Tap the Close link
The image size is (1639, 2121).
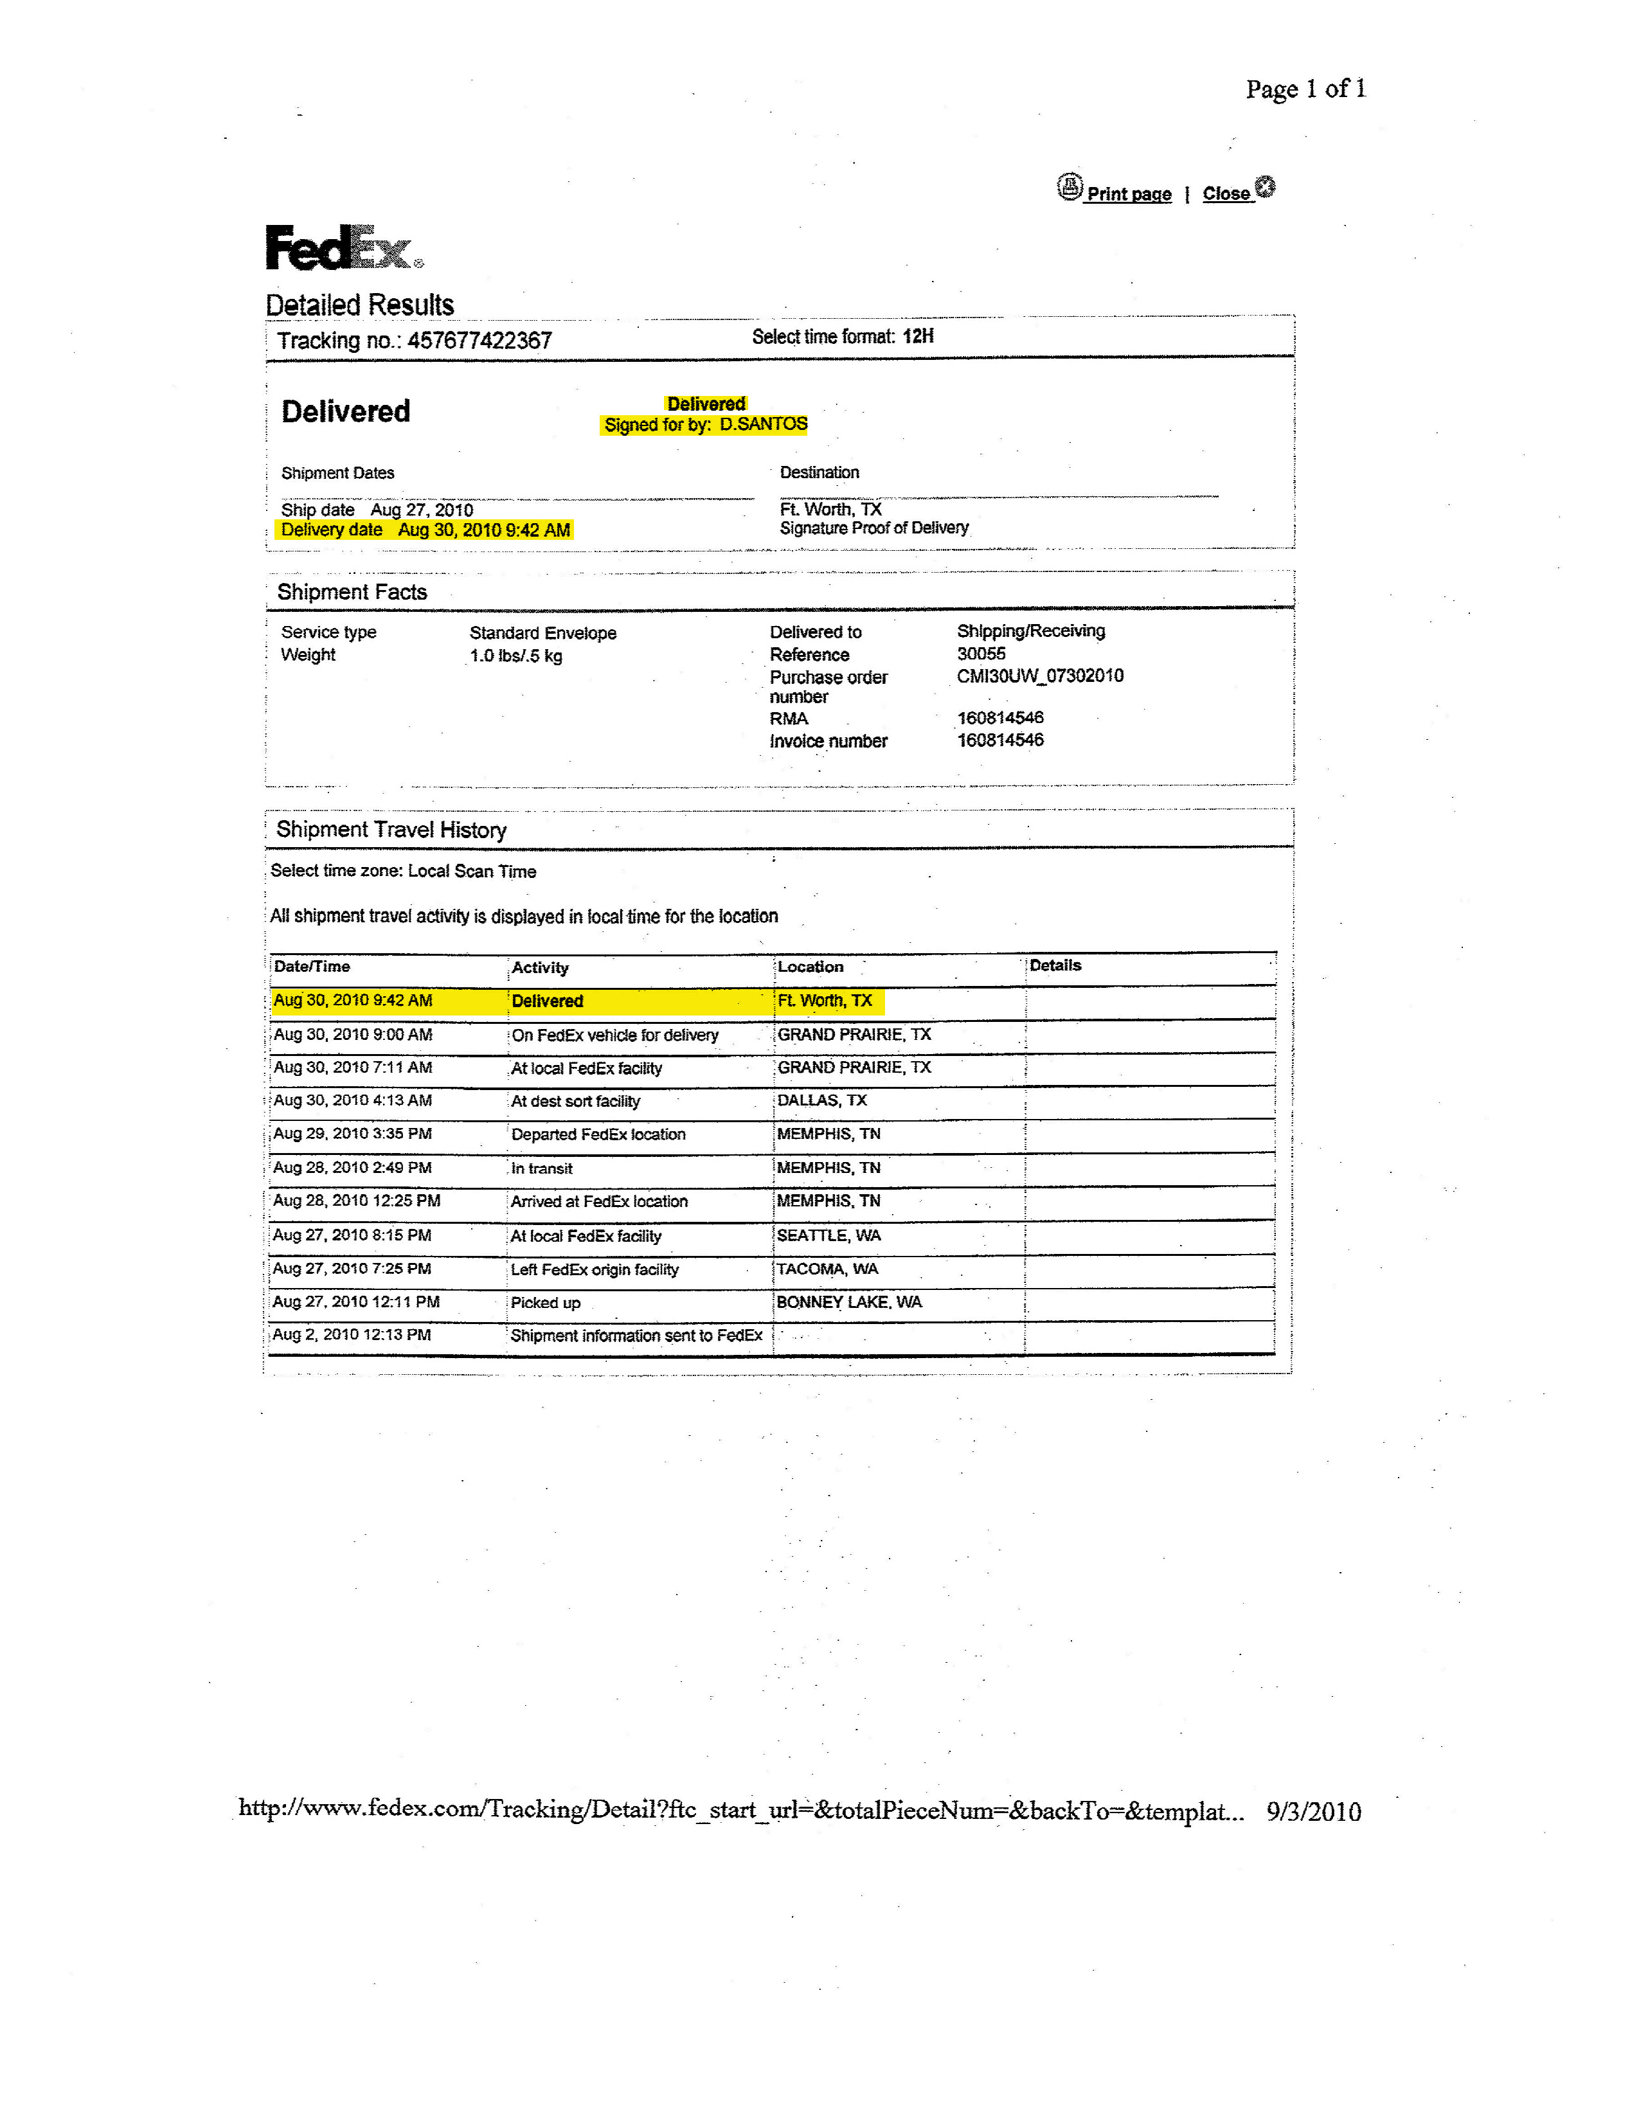[x=1226, y=193]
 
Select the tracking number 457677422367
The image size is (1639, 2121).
[x=479, y=341]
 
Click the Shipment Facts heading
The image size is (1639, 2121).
[x=352, y=593]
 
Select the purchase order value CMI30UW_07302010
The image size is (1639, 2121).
[x=1040, y=676]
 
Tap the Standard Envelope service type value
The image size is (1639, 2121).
[x=542, y=633]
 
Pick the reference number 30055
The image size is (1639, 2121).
[x=981, y=654]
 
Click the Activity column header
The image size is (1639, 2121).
[x=540, y=967]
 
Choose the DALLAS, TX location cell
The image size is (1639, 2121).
[x=821, y=1100]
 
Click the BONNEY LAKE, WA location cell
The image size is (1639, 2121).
[x=848, y=1302]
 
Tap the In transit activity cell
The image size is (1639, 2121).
[x=542, y=1168]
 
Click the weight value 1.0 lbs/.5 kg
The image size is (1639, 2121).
[x=515, y=656]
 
